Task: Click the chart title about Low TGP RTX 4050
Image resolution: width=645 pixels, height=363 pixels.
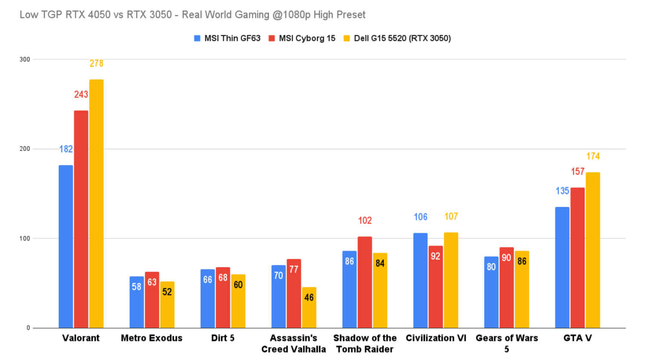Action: click(192, 15)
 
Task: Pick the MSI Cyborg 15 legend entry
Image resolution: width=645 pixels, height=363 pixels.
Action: click(302, 38)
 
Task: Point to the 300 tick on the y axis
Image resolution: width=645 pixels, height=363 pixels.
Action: click(25, 59)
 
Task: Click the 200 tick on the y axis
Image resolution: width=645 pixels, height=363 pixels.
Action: click(25, 149)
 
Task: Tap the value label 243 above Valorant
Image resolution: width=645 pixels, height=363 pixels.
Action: click(81, 95)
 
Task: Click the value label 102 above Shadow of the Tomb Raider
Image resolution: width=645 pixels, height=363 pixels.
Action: click(365, 221)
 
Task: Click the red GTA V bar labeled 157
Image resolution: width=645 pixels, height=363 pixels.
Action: click(577, 258)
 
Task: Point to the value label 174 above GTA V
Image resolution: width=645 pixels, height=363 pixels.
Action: click(593, 157)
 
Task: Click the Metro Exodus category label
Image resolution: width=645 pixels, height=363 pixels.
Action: click(151, 338)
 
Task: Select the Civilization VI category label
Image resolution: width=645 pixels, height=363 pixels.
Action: click(436, 338)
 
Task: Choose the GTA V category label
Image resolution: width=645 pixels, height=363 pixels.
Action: click(577, 338)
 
